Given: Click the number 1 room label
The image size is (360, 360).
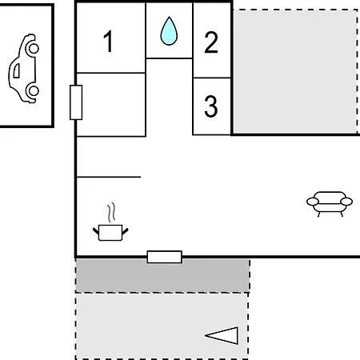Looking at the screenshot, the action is (x=109, y=41).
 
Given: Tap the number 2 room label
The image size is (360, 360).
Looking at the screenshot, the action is (x=211, y=42).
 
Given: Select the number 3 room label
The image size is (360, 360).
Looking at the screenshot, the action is (x=211, y=106).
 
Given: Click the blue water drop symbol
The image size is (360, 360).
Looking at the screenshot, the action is (x=169, y=30).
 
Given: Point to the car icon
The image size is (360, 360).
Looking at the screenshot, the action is (x=23, y=68).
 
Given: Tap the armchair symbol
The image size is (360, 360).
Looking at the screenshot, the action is (x=330, y=204).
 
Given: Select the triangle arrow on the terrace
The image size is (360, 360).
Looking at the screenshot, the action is (x=222, y=335).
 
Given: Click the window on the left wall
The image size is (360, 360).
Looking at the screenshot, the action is (x=76, y=102).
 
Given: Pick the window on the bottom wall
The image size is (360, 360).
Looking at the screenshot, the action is (x=165, y=257).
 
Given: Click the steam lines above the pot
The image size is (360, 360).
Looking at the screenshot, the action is (x=112, y=212).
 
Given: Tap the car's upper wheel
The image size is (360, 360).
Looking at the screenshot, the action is (x=33, y=48).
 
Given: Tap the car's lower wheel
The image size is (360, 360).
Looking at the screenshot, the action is (x=33, y=91).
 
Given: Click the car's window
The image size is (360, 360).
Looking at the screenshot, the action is (x=17, y=71).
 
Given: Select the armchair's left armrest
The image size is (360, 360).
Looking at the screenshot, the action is (x=313, y=202).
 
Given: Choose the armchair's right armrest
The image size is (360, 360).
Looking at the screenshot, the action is (x=346, y=202).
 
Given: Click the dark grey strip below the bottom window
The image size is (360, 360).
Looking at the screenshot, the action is (x=162, y=275).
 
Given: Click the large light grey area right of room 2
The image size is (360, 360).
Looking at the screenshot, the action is (x=295, y=71).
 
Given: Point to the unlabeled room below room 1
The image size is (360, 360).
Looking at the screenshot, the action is (x=111, y=105).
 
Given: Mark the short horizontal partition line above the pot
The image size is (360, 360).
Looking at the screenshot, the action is (x=109, y=177).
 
